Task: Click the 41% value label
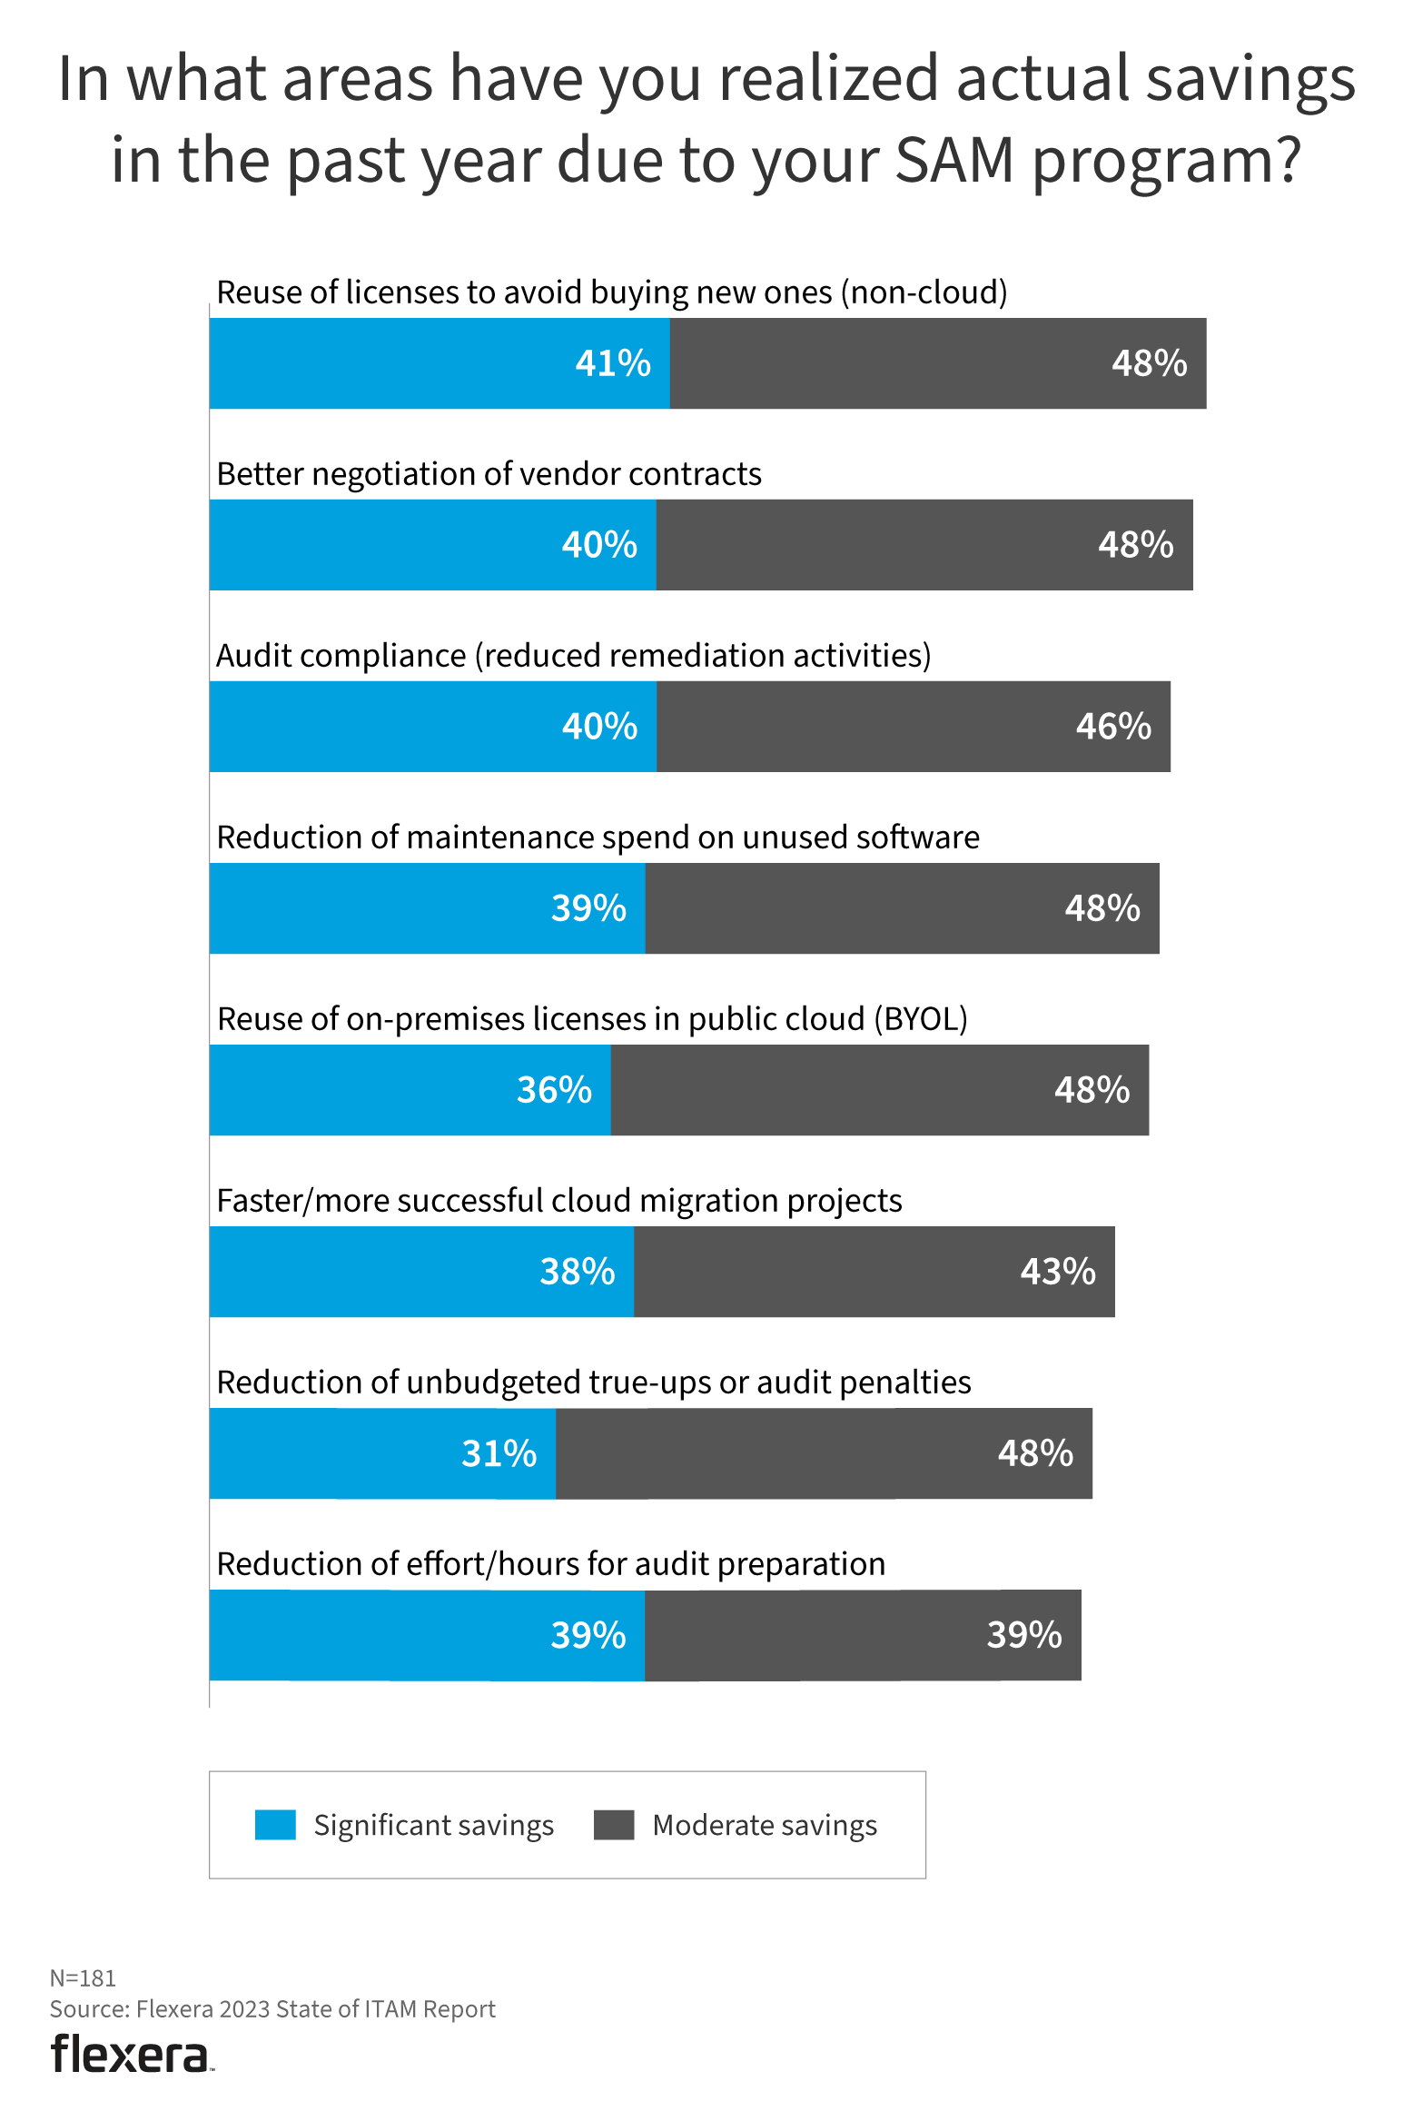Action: tap(613, 363)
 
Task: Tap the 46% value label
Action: tap(1113, 727)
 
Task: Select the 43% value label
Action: tap(1058, 1272)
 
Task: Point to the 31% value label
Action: tap(499, 1453)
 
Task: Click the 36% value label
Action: tap(554, 1090)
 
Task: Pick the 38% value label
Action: tap(578, 1272)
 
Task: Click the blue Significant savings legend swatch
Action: tap(275, 1825)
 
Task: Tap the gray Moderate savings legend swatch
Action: tap(614, 1825)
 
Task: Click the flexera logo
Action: tap(131, 2055)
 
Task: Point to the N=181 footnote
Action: tap(83, 1977)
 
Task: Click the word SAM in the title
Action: tap(954, 161)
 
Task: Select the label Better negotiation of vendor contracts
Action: tap(489, 474)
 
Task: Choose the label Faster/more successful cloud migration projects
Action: tap(559, 1201)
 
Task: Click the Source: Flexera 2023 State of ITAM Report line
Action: tap(272, 2008)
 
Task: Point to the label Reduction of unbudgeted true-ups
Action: tap(594, 1383)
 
